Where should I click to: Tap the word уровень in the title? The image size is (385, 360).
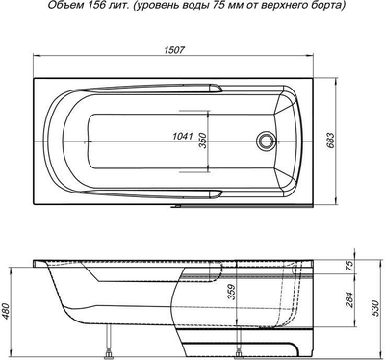(152, 7)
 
